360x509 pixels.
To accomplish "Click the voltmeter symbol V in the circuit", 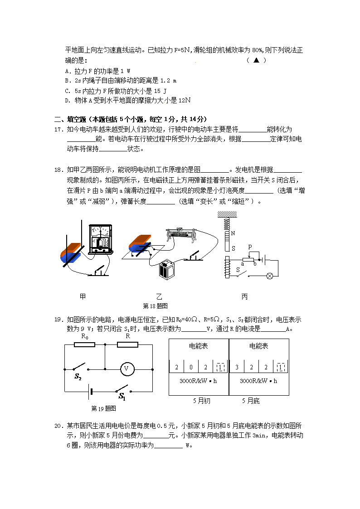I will coord(127,369).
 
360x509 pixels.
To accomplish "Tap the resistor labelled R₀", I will coord(84,344).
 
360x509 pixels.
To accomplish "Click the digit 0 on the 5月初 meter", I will coord(191,367).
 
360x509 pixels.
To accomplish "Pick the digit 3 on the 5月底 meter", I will coord(237,367).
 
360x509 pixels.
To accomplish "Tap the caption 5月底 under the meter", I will coord(251,401).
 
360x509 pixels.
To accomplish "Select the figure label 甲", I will coord(83,297).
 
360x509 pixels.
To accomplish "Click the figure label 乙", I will coord(159,297).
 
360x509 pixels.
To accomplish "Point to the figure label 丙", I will coord(244,297).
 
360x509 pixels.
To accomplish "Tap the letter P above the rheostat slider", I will coord(250,247).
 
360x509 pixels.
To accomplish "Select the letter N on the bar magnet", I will coord(233,233).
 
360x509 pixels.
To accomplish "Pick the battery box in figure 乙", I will coord(167,270).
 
